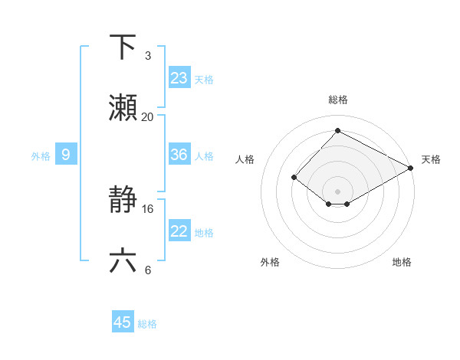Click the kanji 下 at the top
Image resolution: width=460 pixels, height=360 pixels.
(x=123, y=47)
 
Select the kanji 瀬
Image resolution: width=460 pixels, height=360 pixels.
(x=123, y=108)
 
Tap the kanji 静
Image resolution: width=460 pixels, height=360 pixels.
(x=123, y=201)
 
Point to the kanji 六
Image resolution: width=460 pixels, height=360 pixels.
(x=123, y=261)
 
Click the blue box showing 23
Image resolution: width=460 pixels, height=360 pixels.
(x=179, y=78)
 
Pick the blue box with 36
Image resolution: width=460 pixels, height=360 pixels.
(x=179, y=155)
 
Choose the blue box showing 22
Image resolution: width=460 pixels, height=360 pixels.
(x=179, y=231)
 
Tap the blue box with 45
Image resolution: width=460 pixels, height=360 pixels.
(x=123, y=322)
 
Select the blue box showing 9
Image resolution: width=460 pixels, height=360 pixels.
(x=66, y=155)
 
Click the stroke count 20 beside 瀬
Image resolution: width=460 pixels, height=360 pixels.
(x=147, y=117)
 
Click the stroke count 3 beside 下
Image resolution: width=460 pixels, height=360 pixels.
(x=148, y=56)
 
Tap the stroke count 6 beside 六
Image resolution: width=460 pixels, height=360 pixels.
(x=148, y=270)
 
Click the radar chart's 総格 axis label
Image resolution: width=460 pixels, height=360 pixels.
(x=337, y=100)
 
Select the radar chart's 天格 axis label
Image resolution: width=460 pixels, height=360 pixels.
(x=431, y=159)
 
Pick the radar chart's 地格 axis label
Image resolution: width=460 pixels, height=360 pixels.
(x=402, y=263)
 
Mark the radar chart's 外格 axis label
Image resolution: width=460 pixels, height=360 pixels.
(x=270, y=263)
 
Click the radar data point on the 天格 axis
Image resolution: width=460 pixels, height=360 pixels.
(x=411, y=168)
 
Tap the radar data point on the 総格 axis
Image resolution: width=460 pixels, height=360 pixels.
(x=337, y=131)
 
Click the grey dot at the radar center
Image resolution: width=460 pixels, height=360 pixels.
(x=337, y=191)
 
